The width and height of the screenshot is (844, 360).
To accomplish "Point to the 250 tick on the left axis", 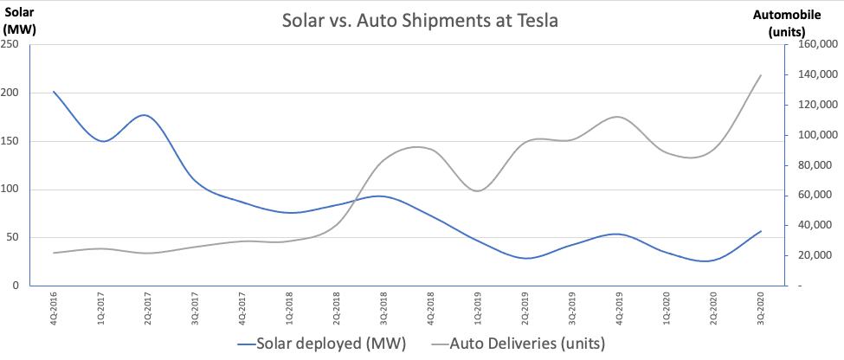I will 12,46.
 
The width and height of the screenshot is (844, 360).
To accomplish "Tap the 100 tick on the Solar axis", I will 12,190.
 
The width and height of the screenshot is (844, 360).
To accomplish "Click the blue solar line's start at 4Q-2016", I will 54,92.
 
